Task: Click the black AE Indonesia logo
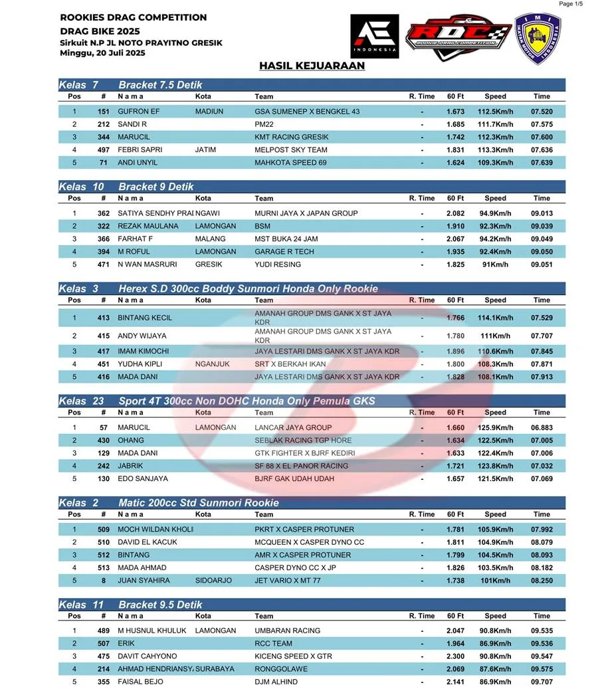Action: pyautogui.click(x=374, y=36)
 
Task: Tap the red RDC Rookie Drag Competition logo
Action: pyautogui.click(x=458, y=36)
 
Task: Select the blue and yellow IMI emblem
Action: pyautogui.click(x=538, y=39)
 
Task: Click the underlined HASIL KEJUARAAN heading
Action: pyautogui.click(x=312, y=66)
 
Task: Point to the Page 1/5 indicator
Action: pyautogui.click(x=571, y=4)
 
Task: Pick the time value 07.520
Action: pyautogui.click(x=542, y=112)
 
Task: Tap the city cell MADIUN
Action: pyautogui.click(x=209, y=112)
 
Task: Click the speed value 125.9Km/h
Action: pyautogui.click(x=495, y=428)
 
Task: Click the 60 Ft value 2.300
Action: pyautogui.click(x=455, y=656)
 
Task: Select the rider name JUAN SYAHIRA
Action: pyautogui.click(x=144, y=581)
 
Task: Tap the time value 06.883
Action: pyautogui.click(x=542, y=428)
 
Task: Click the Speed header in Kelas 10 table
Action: pyautogui.click(x=495, y=198)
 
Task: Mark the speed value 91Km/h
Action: pyautogui.click(x=495, y=264)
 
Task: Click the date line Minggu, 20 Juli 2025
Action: pyautogui.click(x=102, y=52)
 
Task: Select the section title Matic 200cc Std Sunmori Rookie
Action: pyautogui.click(x=199, y=503)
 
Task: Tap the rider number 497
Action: pyautogui.click(x=103, y=150)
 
